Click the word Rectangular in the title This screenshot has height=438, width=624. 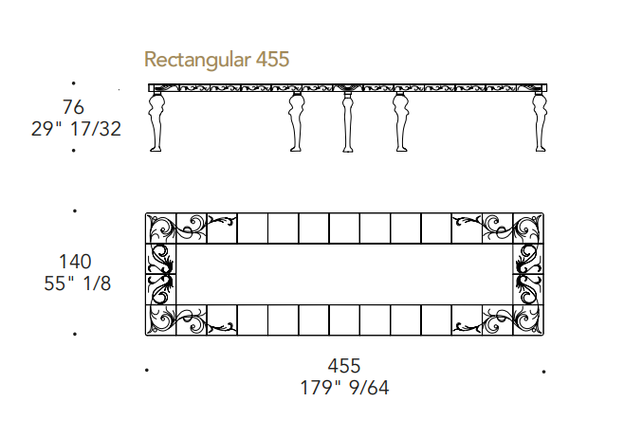(x=197, y=60)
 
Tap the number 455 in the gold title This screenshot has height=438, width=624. (x=272, y=59)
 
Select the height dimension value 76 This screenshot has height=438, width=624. (x=73, y=107)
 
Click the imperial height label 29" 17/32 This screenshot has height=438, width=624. (x=76, y=129)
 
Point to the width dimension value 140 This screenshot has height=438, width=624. (x=75, y=262)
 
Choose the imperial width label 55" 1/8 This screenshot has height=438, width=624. (x=77, y=283)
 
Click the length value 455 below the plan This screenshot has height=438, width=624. (x=344, y=366)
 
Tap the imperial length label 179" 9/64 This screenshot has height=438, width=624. (x=344, y=388)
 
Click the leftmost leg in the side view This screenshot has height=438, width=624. (x=156, y=121)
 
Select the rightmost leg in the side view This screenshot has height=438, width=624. (x=540, y=121)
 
